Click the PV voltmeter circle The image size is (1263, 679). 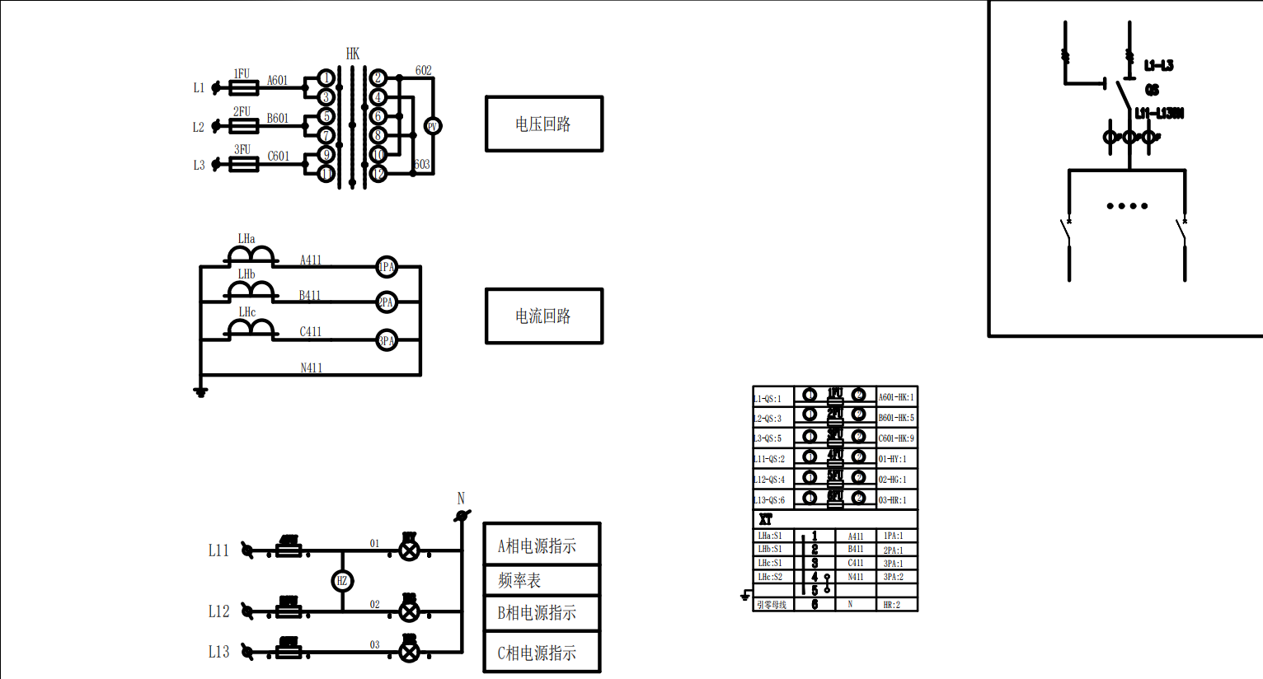coord(432,126)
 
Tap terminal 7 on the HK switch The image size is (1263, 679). coord(326,135)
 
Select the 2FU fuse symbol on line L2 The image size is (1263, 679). coord(243,126)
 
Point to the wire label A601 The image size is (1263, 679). coord(277,81)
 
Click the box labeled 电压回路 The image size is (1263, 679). coord(543,124)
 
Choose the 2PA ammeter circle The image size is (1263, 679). coord(386,302)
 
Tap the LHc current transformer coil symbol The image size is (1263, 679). coord(251,330)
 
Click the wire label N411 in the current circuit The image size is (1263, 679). coord(311,368)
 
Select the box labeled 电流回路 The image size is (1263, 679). coord(543,316)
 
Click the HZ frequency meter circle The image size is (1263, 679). coord(342,581)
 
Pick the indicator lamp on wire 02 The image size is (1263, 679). coord(409,611)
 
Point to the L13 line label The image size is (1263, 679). coord(218,652)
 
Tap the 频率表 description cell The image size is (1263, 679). coord(541,580)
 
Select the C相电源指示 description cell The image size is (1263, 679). coord(541,653)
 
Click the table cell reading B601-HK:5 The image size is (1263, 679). coord(896,418)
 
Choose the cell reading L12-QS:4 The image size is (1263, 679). coord(770,480)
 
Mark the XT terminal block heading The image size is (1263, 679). coord(766,520)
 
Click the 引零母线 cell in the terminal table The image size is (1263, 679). coord(772,605)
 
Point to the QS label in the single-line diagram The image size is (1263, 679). coord(1152,90)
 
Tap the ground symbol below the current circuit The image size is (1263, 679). coord(200,391)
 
